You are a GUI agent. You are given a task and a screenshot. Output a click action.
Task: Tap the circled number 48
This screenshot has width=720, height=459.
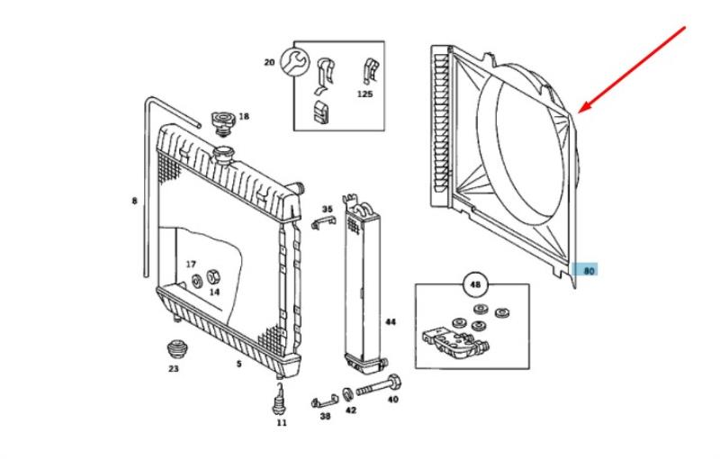(x=474, y=287)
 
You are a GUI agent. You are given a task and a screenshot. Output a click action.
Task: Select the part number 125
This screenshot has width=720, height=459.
(x=364, y=94)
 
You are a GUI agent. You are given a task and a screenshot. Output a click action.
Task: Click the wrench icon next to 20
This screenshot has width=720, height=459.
(x=291, y=62)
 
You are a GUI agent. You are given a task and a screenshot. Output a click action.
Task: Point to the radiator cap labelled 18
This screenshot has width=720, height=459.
(x=220, y=121)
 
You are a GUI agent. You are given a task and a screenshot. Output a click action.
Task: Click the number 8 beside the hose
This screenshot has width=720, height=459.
(x=135, y=201)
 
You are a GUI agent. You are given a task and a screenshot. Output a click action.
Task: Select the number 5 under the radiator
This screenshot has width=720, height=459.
(x=238, y=364)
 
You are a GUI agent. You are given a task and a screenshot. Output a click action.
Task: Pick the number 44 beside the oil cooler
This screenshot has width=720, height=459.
(x=390, y=321)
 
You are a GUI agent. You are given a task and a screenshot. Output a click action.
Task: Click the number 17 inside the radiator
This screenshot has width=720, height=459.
(x=191, y=264)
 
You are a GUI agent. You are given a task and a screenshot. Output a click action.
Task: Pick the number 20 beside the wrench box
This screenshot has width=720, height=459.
(x=269, y=62)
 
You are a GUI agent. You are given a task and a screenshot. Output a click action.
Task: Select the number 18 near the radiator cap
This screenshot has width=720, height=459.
(x=244, y=116)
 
